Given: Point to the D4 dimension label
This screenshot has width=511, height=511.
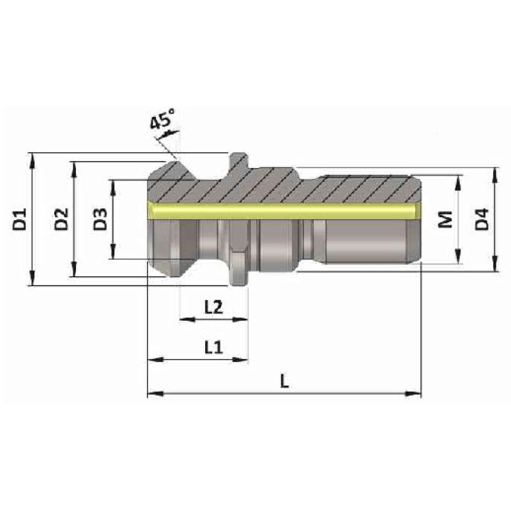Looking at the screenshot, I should [484, 219].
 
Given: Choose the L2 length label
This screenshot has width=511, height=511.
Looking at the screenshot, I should [213, 307].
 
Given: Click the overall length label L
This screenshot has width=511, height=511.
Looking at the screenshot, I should [284, 381].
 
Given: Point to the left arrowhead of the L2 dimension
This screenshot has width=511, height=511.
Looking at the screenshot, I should [185, 319].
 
